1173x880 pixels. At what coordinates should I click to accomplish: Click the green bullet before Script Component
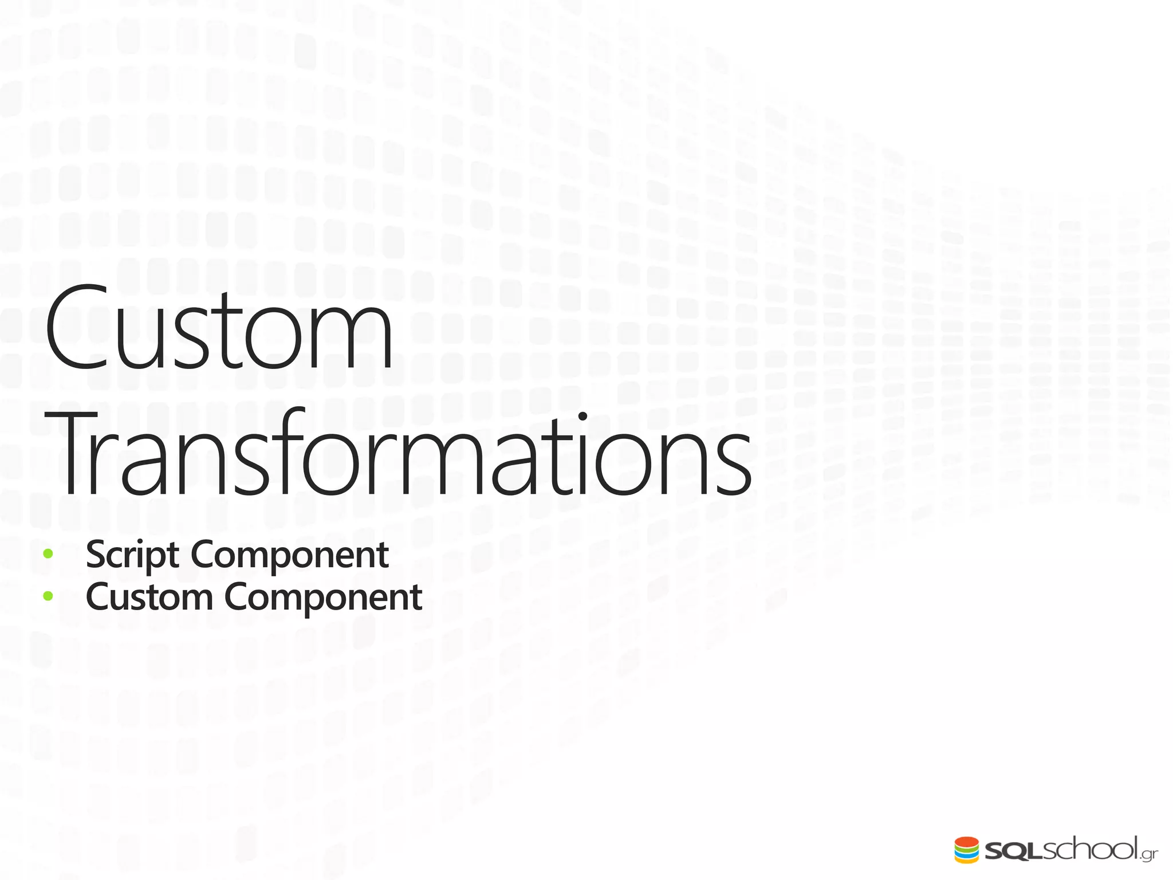pos(48,554)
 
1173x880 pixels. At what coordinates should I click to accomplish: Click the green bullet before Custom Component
pos(48,596)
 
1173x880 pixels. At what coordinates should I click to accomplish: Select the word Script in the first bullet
pos(132,555)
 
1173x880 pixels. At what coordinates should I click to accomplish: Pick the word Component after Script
pos(290,555)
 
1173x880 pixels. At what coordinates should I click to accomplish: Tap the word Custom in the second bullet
pos(149,597)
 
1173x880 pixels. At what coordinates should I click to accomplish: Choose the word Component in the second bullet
pos(323,597)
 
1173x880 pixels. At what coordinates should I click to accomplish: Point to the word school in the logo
pos(1088,849)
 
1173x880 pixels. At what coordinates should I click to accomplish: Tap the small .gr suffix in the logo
pos(1149,855)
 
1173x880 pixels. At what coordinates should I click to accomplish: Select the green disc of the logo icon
pos(966,849)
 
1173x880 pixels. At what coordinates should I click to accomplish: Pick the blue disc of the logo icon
pos(966,855)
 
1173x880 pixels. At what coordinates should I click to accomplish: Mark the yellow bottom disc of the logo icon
pos(966,861)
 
